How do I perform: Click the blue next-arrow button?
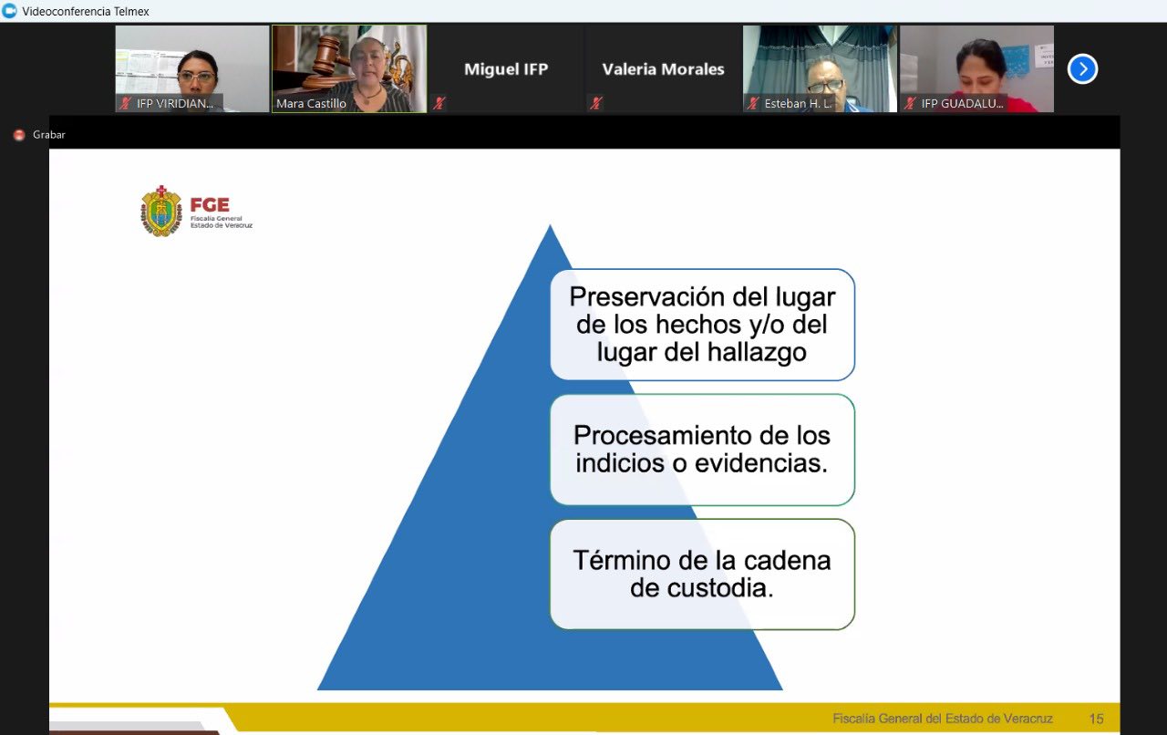[x=1082, y=68]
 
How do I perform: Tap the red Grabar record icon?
[x=19, y=135]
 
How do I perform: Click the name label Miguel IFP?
[x=506, y=68]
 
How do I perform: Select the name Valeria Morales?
[x=663, y=68]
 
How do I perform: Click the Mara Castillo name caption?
[x=311, y=104]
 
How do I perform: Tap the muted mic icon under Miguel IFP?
[x=439, y=103]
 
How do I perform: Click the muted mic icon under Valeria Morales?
[x=596, y=103]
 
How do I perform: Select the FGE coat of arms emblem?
[x=161, y=212]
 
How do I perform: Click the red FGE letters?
[x=210, y=204]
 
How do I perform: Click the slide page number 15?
[x=1096, y=719]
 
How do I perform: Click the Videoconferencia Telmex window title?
[x=86, y=11]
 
